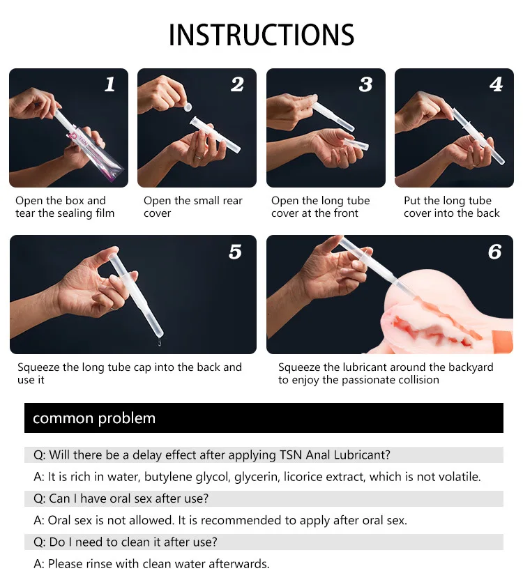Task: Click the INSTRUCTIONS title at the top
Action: coord(261,35)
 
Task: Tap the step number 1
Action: coord(109,84)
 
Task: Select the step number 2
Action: coord(237,84)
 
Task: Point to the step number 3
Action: coord(366,84)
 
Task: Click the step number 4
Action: coord(496,84)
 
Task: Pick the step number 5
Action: coord(235,252)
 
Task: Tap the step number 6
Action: coord(494,252)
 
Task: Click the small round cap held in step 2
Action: coord(188,107)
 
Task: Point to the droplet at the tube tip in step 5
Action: coord(160,342)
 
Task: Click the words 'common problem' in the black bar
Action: coord(94,418)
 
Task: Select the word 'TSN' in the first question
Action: coord(291,455)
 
